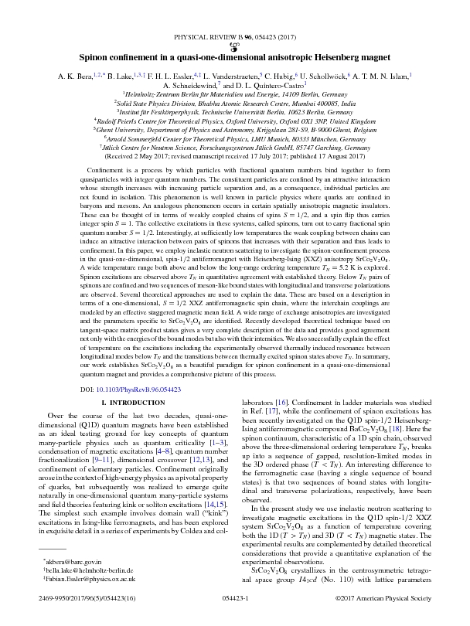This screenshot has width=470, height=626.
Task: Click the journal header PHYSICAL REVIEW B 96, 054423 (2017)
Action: [x=234, y=36]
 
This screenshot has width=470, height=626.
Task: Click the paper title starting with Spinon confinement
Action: [x=235, y=57]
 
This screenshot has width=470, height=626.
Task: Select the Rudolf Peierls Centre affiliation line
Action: [x=234, y=121]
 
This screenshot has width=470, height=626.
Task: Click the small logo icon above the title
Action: [x=234, y=46]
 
